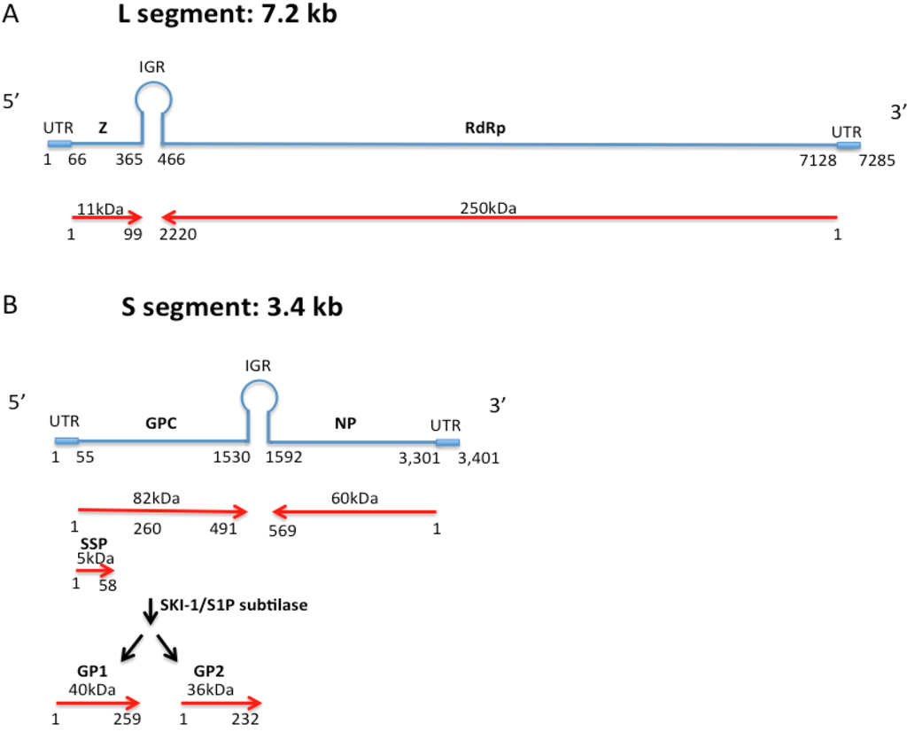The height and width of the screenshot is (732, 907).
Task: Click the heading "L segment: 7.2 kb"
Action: click(x=228, y=16)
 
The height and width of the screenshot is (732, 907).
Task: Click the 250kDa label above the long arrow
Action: click(x=488, y=208)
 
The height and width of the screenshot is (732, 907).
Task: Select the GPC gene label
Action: click(x=161, y=424)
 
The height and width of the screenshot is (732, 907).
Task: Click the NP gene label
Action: click(x=345, y=424)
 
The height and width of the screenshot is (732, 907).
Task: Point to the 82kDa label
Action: click(x=155, y=499)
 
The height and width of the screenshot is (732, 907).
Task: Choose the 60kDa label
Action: click(x=353, y=499)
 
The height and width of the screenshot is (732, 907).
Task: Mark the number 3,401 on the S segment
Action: click(x=481, y=458)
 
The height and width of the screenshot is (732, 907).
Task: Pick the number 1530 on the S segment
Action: click(x=231, y=458)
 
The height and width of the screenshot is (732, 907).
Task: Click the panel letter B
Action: click(x=11, y=306)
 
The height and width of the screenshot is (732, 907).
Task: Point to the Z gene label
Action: click(x=103, y=128)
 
